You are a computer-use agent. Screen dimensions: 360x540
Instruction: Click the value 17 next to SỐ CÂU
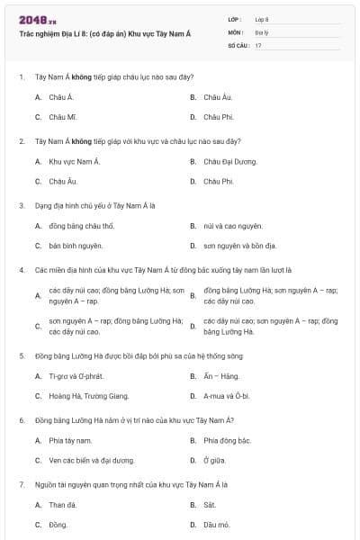pos(258,45)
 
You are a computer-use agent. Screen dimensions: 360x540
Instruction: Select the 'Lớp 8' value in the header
pos(261,19)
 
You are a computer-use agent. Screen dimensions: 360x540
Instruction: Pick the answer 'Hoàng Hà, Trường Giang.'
pos(89,395)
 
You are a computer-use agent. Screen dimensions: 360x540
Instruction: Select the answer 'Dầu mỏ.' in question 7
pos(217,524)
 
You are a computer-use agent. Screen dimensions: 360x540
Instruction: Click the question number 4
pos(21,269)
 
